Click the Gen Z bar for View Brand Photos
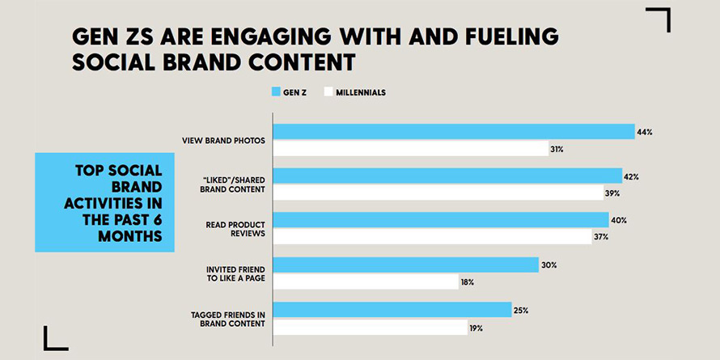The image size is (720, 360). click(x=453, y=132)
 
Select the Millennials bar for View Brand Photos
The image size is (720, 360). click(x=410, y=149)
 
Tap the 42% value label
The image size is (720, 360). click(x=632, y=176)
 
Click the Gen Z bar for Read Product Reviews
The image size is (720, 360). click(x=440, y=220)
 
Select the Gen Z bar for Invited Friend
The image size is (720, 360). click(x=405, y=265)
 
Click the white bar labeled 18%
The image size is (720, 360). click(x=365, y=282)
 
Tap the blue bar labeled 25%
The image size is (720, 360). click(x=392, y=309)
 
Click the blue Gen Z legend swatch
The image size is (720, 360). click(x=275, y=93)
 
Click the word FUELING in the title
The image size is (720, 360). click(x=506, y=37)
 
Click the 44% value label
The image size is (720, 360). click(x=644, y=131)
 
